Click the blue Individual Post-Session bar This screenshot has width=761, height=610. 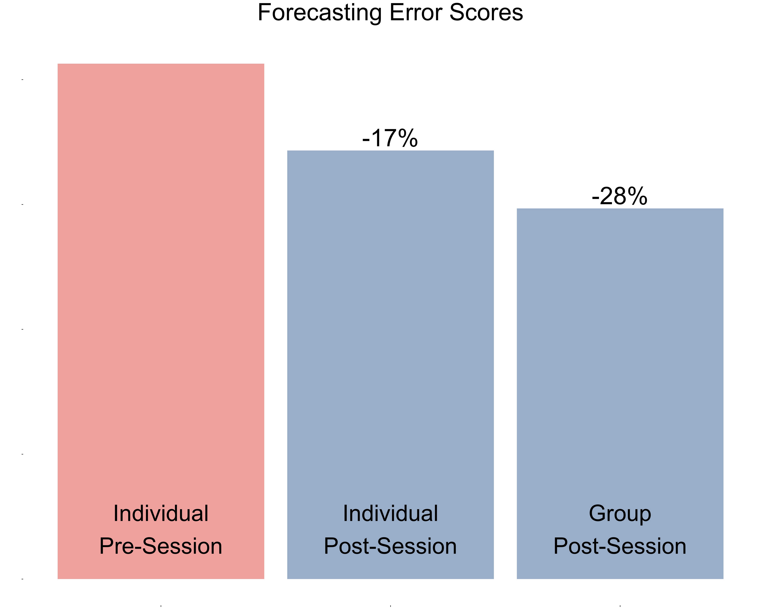(390, 318)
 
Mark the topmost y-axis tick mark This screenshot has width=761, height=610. (23, 80)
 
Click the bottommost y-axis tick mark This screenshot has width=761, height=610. (23, 579)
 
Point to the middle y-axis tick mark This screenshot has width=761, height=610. (23, 329)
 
